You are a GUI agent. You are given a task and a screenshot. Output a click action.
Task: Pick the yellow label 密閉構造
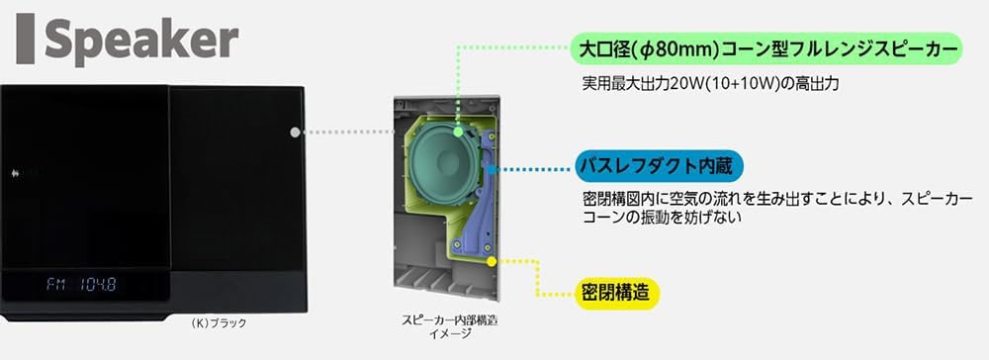(616, 294)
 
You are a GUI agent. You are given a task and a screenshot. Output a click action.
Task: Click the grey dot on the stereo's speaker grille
(295, 132)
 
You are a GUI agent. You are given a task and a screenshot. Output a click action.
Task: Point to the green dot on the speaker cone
(460, 131)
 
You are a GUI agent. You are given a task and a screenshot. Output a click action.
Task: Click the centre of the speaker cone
(441, 169)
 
